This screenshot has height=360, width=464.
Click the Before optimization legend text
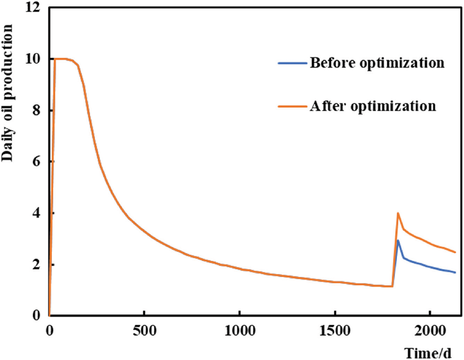(x=377, y=63)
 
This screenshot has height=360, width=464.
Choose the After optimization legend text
(x=372, y=106)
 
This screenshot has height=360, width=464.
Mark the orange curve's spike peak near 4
(x=398, y=213)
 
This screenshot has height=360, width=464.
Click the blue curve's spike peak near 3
(x=398, y=240)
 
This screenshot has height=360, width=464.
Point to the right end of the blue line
(x=455, y=272)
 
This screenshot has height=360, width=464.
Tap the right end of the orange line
(x=455, y=252)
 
